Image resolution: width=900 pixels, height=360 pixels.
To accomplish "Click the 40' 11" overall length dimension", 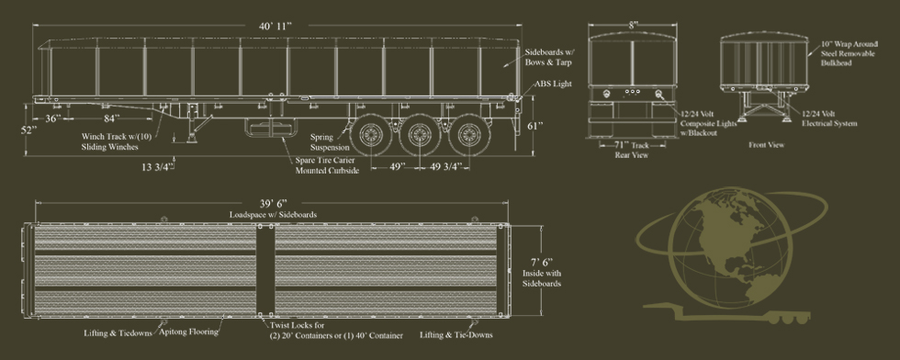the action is (276, 26).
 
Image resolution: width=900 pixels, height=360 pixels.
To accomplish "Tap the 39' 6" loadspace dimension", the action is (273, 204).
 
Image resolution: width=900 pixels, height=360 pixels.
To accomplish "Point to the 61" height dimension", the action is (534, 126).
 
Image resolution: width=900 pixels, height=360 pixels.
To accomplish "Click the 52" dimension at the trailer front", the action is (29, 129).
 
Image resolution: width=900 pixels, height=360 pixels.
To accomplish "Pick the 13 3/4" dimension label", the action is (157, 167).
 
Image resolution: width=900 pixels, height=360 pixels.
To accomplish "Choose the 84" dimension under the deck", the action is (111, 118).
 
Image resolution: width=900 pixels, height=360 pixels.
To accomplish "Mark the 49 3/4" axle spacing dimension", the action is (446, 166).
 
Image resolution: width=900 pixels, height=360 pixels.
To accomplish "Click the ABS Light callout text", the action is (553, 84).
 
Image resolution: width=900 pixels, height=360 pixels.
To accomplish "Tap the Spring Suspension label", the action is (330, 142).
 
